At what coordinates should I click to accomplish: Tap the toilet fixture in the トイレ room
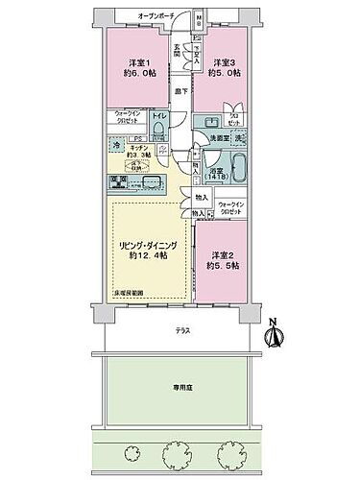point(159,129)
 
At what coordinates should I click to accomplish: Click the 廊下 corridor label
point(180,92)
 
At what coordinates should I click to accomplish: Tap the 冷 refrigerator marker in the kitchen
point(115,144)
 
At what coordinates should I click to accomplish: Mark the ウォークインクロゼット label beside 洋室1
point(124,117)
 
